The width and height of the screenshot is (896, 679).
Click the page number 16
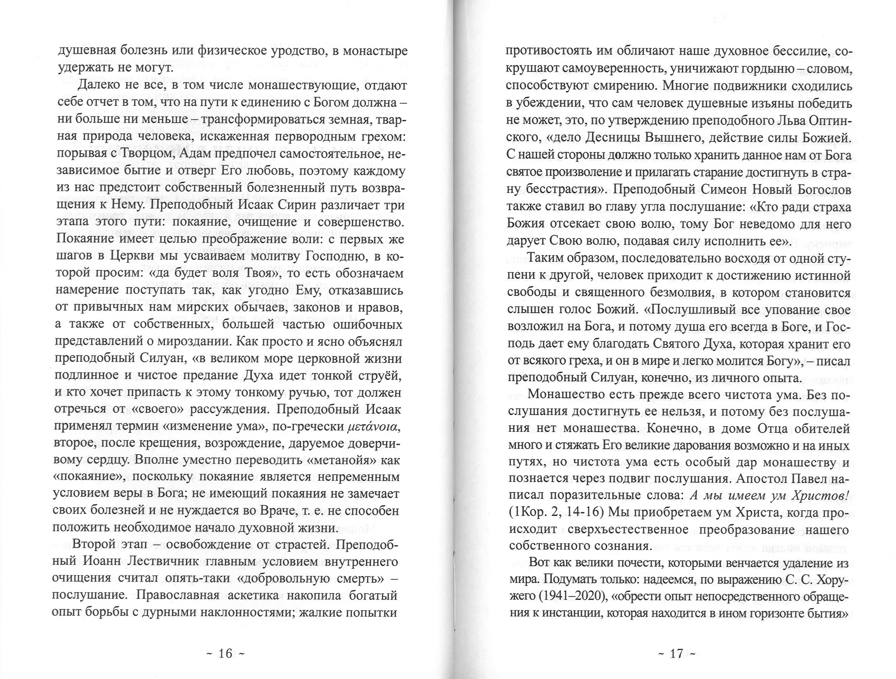pyautogui.click(x=225, y=654)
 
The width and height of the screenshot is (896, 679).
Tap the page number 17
pyautogui.click(x=676, y=654)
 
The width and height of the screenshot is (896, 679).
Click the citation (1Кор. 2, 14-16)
pyautogui.click(x=556, y=513)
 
